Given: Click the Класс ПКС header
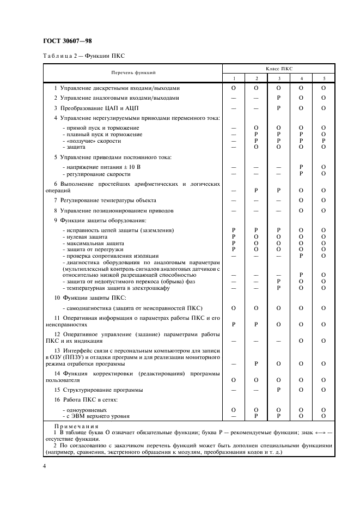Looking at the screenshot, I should tap(278, 69).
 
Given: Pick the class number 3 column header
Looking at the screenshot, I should tap(278, 77).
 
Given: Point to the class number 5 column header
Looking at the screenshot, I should tap(323, 77).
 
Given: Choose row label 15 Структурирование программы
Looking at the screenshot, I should tap(98, 390).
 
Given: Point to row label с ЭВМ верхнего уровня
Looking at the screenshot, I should tap(96, 416).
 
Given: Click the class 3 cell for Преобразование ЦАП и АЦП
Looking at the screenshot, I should tap(278, 108).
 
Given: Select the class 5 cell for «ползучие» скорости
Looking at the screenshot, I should tap(323, 141).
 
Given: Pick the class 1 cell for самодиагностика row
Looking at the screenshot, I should tap(233, 308).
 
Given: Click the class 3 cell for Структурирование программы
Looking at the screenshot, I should tap(278, 390).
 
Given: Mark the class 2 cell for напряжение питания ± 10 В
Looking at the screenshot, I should tap(255, 167).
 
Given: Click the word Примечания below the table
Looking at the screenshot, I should tap(77, 427).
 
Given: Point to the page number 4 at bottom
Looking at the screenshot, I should tap(46, 467).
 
